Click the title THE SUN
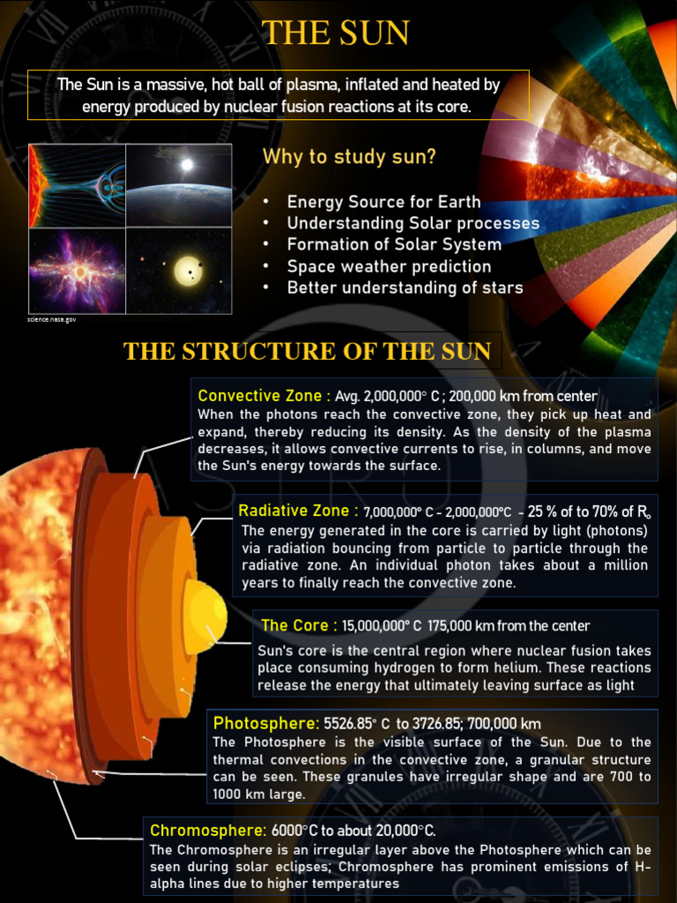tap(336, 33)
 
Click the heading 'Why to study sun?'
tap(348, 157)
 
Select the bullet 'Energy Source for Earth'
tap(383, 202)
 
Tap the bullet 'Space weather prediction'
tap(389, 266)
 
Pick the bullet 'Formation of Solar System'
tap(394, 244)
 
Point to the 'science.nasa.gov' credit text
tap(52, 319)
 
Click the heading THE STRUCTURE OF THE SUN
tap(307, 351)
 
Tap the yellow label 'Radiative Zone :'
tap(298, 511)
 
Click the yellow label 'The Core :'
tap(299, 625)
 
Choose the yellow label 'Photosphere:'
tap(265, 724)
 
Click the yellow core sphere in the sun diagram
tap(205, 615)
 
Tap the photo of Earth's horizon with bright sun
tap(179, 184)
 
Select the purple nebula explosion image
tap(77, 271)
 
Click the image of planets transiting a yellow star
tap(179, 271)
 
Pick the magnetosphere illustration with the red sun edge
tap(77, 184)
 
